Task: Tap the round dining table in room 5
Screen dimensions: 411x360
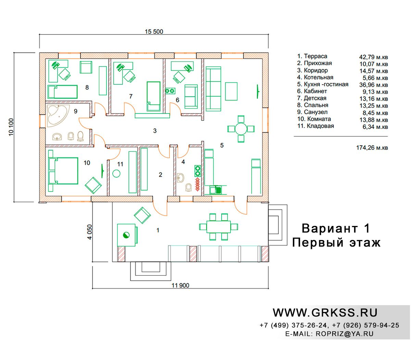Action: (x=241, y=129)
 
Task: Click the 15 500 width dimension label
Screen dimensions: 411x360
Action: (x=154, y=32)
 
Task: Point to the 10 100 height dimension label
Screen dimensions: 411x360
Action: (x=11, y=127)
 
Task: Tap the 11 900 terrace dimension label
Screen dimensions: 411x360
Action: (x=180, y=285)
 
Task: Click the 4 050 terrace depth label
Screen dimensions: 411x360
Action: (x=90, y=232)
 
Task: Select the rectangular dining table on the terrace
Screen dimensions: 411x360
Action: (x=219, y=227)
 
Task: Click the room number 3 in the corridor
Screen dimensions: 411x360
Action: (x=155, y=131)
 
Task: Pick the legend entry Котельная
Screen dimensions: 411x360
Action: (x=315, y=77)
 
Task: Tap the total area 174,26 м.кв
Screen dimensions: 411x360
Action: (x=372, y=148)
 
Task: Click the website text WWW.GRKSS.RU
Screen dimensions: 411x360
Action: (x=325, y=313)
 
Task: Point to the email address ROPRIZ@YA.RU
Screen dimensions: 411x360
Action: (x=345, y=334)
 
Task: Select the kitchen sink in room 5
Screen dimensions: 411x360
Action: (x=215, y=190)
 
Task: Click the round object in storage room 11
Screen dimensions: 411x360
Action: (x=116, y=173)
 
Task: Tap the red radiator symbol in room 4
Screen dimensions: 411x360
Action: (x=198, y=184)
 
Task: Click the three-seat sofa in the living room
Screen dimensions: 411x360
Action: (x=213, y=89)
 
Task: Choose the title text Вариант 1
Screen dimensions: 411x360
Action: (x=336, y=229)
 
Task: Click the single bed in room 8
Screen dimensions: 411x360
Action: (x=62, y=92)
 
